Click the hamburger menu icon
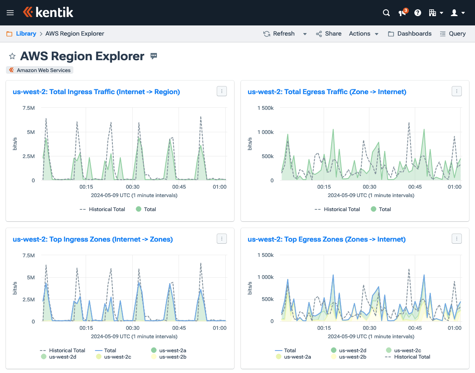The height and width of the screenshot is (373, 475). coord(10,13)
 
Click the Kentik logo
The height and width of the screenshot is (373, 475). coord(48,12)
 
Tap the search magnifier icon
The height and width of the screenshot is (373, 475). coord(386,13)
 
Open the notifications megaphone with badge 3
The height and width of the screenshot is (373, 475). coord(402,13)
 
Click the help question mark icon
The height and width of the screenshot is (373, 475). coord(418,13)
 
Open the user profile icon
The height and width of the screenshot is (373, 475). coord(457,13)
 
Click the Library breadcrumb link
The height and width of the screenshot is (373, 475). coord(26,33)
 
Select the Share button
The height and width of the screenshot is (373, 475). coord(329,33)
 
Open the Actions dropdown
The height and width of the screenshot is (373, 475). coord(363,33)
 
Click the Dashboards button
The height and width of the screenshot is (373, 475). coord(410,33)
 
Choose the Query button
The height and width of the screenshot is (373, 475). coord(453,33)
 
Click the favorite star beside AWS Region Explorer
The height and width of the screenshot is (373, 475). coord(12,56)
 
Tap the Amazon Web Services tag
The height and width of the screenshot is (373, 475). coord(40,70)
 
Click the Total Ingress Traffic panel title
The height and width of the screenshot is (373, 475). coord(96,92)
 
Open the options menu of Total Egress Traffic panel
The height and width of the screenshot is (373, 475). coord(456,91)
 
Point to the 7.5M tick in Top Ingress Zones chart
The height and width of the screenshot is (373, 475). coord(28,255)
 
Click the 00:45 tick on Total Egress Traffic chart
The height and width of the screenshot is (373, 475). coord(415,186)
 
